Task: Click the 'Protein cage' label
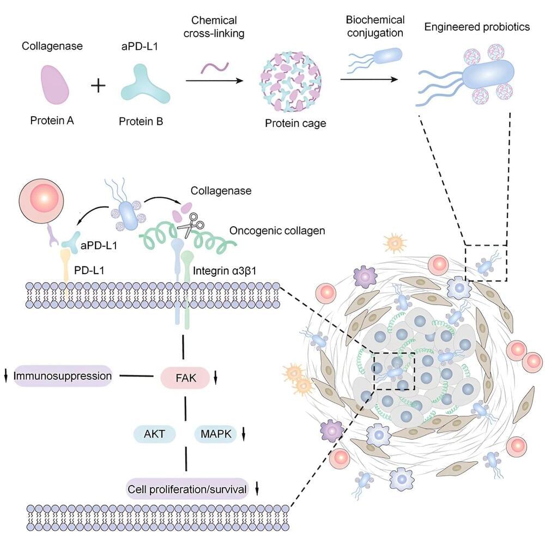(x=295, y=123)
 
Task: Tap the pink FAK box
(x=184, y=376)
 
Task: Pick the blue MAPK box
(x=215, y=434)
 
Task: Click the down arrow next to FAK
(x=216, y=376)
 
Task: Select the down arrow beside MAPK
(x=244, y=434)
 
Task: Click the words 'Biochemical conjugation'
(x=375, y=27)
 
